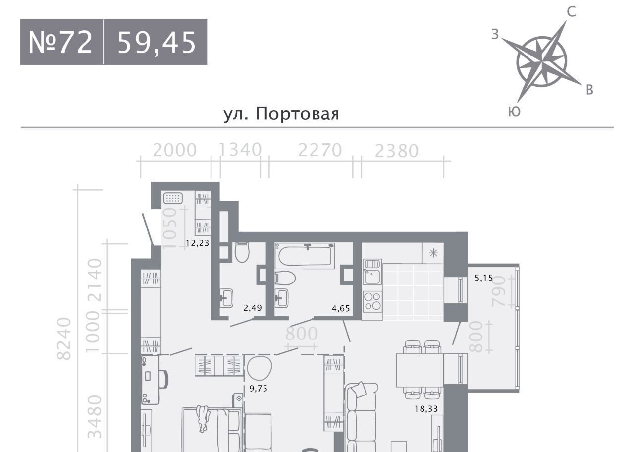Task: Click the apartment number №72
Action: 60,42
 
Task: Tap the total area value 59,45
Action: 157,43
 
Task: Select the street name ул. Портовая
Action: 281,114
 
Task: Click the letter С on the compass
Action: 572,12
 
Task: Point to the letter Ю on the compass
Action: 514,112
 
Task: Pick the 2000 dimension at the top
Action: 175,150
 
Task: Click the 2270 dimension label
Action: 320,150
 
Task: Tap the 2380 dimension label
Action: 397,151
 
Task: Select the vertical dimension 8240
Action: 64,339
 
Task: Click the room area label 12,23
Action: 198,243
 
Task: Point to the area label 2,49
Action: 253,308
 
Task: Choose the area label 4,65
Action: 341,308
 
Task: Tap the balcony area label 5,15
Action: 484,278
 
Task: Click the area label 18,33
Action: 426,409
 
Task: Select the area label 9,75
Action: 259,388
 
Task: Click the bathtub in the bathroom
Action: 305,256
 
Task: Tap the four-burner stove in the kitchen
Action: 372,301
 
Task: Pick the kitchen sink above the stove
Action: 372,272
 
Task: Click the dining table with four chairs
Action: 420,370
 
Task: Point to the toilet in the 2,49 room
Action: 242,252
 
